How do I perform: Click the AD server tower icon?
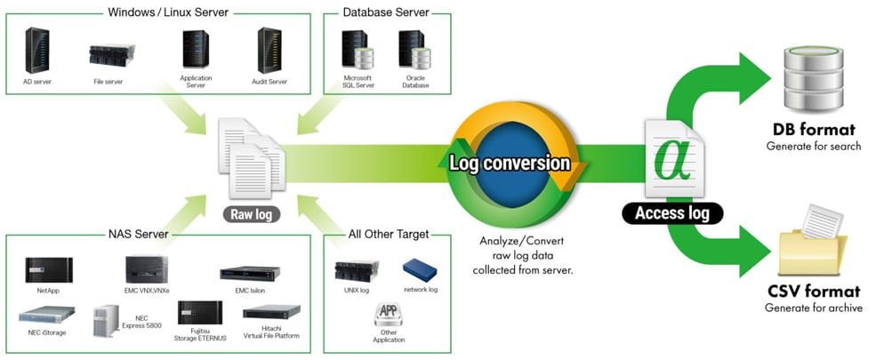(37, 50)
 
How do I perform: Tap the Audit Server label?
(269, 82)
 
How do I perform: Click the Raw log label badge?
(250, 213)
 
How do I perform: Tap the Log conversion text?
(510, 164)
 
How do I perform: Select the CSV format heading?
(813, 292)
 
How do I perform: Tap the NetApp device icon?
(50, 268)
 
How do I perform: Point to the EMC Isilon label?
(243, 291)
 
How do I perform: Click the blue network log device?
(420, 268)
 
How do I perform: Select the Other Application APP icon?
(388, 314)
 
